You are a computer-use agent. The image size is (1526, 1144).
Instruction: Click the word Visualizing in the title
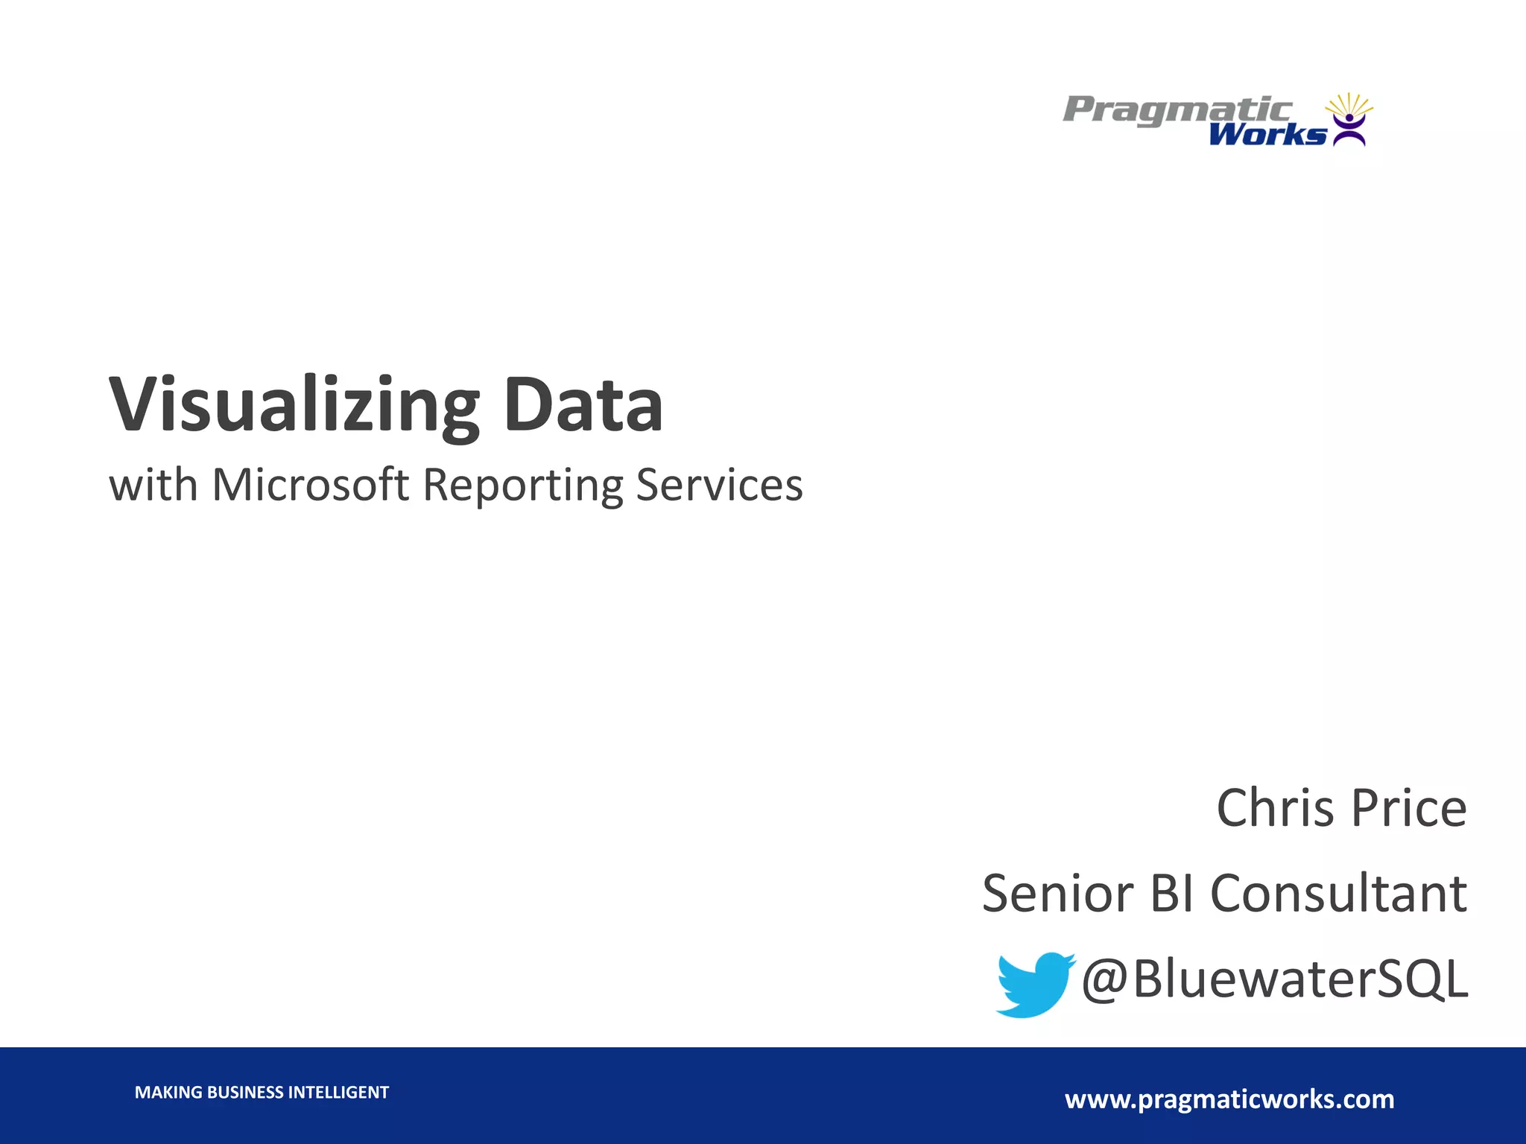pos(295,406)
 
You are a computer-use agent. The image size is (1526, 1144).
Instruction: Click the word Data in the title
pos(583,406)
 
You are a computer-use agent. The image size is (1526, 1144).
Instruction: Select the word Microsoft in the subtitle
pos(311,485)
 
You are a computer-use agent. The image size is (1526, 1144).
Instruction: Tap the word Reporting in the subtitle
pos(522,486)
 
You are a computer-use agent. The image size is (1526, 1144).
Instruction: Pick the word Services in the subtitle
pos(719,485)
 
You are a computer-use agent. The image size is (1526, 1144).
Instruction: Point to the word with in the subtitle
pos(153,485)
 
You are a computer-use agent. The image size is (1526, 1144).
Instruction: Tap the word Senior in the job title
pos(1058,894)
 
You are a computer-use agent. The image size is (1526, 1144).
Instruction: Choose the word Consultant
pos(1338,894)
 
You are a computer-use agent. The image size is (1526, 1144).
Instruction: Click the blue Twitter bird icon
pos(1033,983)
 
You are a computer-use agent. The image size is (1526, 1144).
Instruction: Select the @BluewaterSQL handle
pos(1274,979)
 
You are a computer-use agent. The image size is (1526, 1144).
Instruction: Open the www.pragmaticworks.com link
pos(1229,1099)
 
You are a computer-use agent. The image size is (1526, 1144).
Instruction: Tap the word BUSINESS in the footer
pos(245,1093)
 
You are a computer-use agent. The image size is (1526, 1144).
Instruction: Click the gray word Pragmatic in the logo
pos(1177,110)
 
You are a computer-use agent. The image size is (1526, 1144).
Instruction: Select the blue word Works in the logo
pos(1267,135)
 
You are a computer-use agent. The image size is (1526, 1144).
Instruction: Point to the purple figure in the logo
pos(1349,128)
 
